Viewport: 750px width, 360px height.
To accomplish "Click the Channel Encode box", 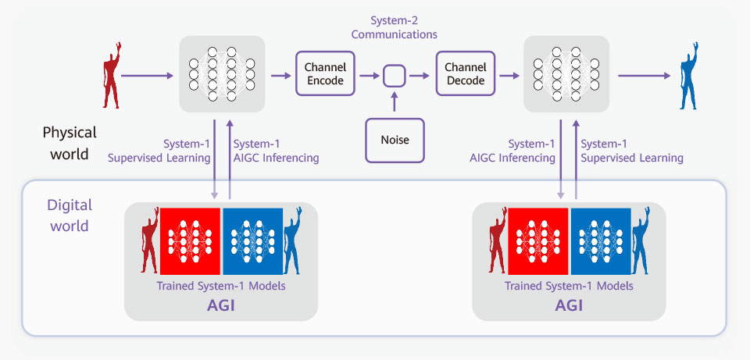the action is point(325,73).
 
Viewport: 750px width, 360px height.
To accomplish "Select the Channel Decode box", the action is point(466,73).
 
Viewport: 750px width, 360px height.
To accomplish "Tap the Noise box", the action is point(395,140).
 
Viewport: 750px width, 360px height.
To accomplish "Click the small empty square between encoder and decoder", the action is point(394,76).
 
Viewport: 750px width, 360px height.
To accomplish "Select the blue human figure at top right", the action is point(690,76).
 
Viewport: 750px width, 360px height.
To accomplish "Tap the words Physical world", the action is point(70,143).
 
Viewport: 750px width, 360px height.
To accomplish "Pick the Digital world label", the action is point(70,215).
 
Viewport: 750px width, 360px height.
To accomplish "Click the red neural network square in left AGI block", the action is point(190,241).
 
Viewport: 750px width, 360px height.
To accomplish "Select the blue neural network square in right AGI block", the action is point(600,241).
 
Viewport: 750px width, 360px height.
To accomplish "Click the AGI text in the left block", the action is point(221,305).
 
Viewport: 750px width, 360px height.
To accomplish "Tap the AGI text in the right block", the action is point(570,305).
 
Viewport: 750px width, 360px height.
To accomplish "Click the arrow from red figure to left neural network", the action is point(147,76).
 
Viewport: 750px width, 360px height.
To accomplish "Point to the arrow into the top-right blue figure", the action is point(645,76).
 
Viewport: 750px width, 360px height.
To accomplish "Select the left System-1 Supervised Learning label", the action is point(159,151).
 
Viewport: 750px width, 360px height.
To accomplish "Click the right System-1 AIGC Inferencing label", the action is point(512,151).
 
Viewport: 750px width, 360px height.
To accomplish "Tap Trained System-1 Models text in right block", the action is point(570,286).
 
